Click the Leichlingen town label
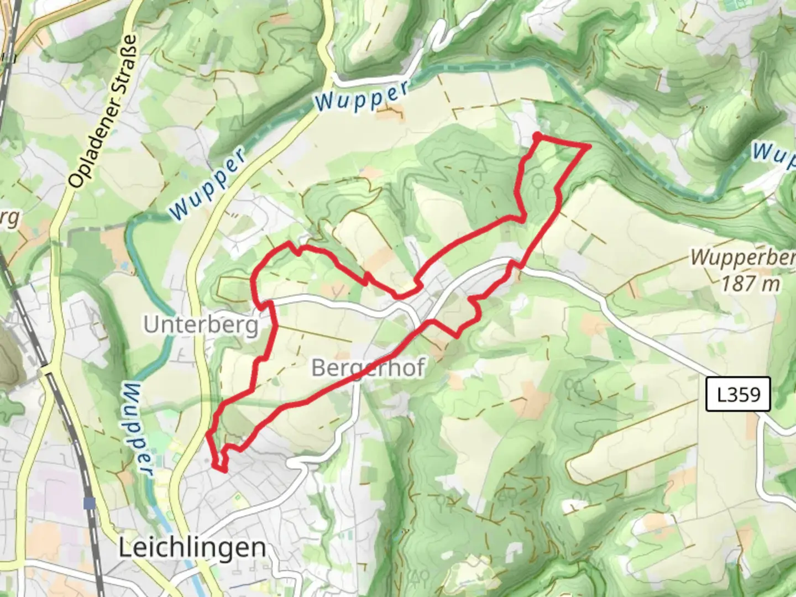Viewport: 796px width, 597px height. pos(192,548)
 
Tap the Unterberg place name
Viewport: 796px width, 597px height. pos(201,325)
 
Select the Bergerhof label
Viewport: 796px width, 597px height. pos(368,368)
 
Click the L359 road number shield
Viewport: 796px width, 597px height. pos(737,395)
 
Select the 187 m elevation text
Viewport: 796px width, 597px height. pos(751,284)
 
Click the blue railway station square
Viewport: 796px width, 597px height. pos(89,503)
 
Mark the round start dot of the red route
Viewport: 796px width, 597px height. pos(537,135)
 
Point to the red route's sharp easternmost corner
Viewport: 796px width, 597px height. pos(589,146)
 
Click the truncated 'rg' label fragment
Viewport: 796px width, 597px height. pos(9,218)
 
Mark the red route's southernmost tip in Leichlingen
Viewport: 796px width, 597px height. pos(223,470)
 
